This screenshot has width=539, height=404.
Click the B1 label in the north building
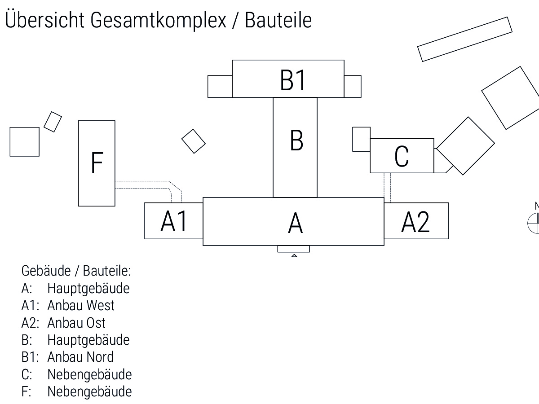pos(293,80)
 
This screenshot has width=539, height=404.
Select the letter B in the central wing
pos(296,140)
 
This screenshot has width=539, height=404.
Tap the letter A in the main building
pos(295,224)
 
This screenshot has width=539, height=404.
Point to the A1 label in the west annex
pos(174,221)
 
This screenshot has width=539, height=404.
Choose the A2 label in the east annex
pos(415,222)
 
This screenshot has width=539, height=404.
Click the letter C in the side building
pos(402,156)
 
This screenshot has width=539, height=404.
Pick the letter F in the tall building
pos(97,162)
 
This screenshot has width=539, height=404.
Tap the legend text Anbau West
pos(81,305)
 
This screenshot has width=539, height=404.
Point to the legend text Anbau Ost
pos(76,323)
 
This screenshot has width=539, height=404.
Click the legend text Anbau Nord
pos(80,357)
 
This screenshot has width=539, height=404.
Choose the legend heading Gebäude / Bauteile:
pos(76,271)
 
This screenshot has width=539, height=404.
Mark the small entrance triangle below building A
pos(294,255)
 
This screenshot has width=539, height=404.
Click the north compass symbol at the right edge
pos(535,220)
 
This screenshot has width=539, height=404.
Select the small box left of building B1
pos(220,86)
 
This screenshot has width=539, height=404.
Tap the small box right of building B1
pos(353,86)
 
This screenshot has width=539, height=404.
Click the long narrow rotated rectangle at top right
pos(465,39)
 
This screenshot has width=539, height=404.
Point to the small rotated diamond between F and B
pos(194,141)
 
